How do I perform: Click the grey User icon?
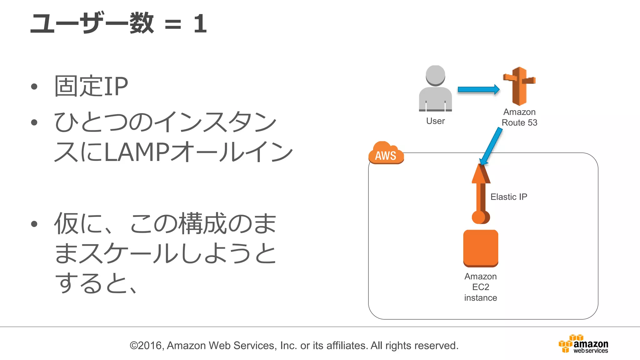tap(435, 89)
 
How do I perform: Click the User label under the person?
tap(435, 121)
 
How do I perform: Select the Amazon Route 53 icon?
tap(519, 86)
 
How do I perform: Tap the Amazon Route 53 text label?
tap(519, 117)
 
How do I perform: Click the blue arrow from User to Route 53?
tap(478, 89)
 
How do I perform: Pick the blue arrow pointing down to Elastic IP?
tap(492, 146)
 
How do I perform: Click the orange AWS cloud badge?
tap(386, 153)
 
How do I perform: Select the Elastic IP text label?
tap(508, 197)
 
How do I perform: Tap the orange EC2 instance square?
tap(481, 248)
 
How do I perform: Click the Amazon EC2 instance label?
tap(481, 287)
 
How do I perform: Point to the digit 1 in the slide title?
tap(200, 24)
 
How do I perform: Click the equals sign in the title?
tap(173, 24)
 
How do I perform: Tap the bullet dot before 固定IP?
tap(34, 87)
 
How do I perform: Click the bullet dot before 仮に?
tap(34, 224)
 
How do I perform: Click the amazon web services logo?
tap(583, 344)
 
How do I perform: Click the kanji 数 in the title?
tap(142, 23)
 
